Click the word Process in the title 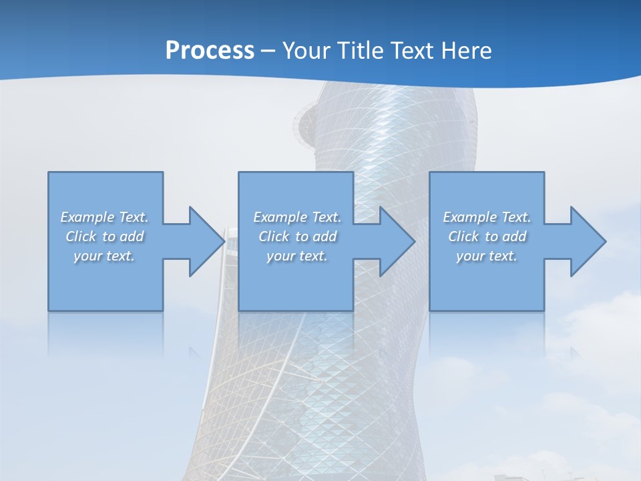click(210, 51)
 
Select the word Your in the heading click(307, 51)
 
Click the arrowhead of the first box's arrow click(207, 241)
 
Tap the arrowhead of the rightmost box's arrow click(588, 241)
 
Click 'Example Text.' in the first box click(105, 217)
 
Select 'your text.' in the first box click(105, 256)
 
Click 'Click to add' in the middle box click(297, 236)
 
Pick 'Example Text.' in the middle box click(297, 217)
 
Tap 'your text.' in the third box click(487, 256)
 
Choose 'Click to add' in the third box click(487, 236)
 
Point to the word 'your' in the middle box click(281, 257)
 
